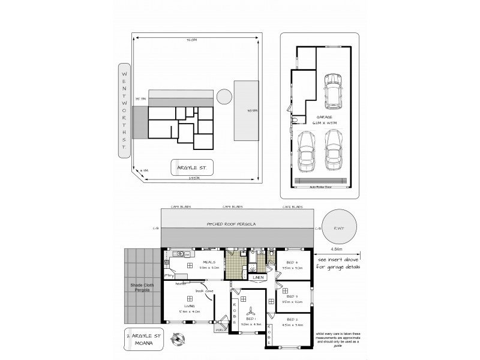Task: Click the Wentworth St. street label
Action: click(124, 110)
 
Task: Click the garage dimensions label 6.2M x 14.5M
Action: click(325, 121)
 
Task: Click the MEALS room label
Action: click(208, 262)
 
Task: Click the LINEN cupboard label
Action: click(259, 277)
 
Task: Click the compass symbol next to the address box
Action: click(177, 340)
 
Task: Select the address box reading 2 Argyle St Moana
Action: click(144, 338)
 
